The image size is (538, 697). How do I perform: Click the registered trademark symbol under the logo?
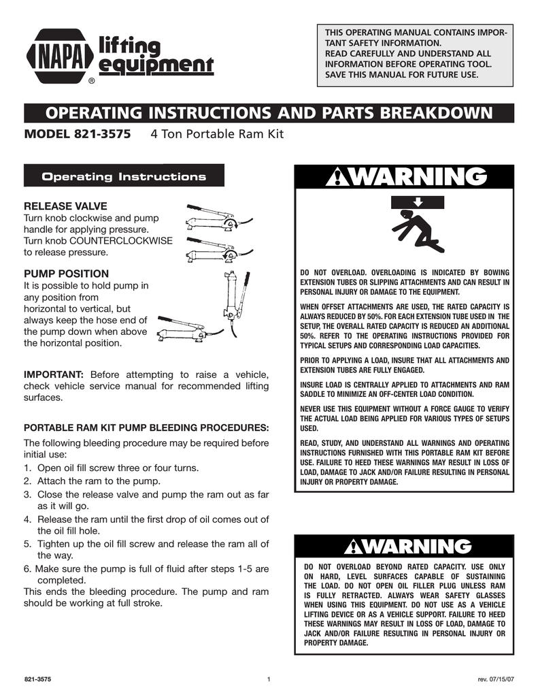91,82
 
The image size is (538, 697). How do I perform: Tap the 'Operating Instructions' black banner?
124,177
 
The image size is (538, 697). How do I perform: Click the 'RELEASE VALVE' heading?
65,206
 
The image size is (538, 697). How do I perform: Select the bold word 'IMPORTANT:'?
54,374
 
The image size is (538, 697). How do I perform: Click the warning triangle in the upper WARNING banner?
338,178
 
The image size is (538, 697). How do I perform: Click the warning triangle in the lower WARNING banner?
356,547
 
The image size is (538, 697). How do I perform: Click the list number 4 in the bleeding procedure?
27,519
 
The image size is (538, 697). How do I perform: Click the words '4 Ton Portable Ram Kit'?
216,134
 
